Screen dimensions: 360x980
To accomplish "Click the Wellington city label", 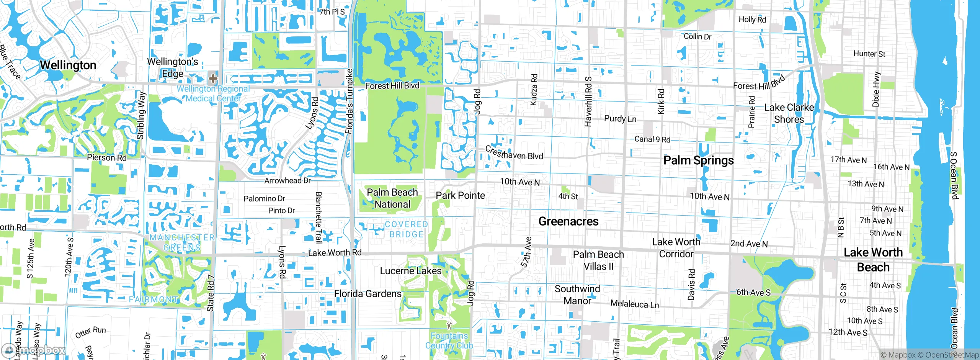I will coord(68,65).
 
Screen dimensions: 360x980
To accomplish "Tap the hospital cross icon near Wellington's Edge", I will coord(213,79).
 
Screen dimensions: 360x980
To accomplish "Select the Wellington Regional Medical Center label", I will coord(213,93).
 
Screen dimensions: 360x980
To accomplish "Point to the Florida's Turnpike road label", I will coord(349,101).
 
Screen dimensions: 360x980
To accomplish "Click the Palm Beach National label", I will coord(392,198).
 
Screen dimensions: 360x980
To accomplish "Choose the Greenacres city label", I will coord(568,221).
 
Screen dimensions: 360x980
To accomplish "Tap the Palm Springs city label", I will coord(698,160).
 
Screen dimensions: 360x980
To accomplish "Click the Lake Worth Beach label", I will coord(873,260).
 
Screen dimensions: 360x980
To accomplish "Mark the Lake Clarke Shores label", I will coord(789,113).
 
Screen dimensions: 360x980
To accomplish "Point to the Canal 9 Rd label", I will coord(652,139).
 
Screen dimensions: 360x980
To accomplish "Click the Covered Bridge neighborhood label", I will coord(406,229).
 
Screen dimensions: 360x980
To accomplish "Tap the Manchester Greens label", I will coord(182,242).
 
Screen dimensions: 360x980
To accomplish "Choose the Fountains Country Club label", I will coord(449,340).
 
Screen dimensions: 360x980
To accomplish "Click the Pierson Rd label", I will coord(106,157).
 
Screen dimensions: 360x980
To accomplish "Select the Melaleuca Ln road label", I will coord(634,304).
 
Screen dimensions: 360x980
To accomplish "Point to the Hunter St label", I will coord(869,54).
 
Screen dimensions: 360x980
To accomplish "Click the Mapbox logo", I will coord(33,350).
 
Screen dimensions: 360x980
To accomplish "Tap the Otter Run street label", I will coord(90,332).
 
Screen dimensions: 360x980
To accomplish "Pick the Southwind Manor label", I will coord(577,295).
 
